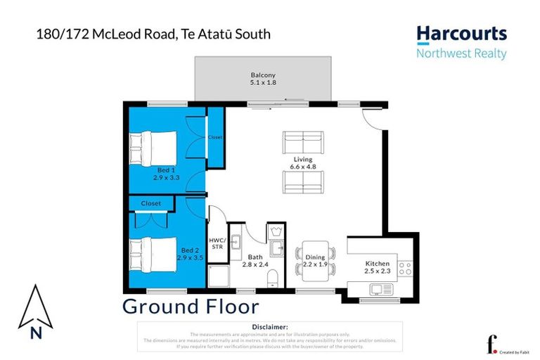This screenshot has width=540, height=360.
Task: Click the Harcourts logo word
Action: tap(461, 34)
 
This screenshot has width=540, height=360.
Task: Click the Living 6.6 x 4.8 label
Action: tap(303, 164)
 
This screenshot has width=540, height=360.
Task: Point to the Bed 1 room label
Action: tap(167, 174)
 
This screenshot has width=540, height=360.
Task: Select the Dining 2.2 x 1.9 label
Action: tap(315, 262)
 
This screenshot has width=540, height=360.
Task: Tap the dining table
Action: tap(315, 259)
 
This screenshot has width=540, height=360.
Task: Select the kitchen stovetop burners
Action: tap(406, 267)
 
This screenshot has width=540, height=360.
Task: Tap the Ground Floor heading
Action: tap(191, 307)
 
